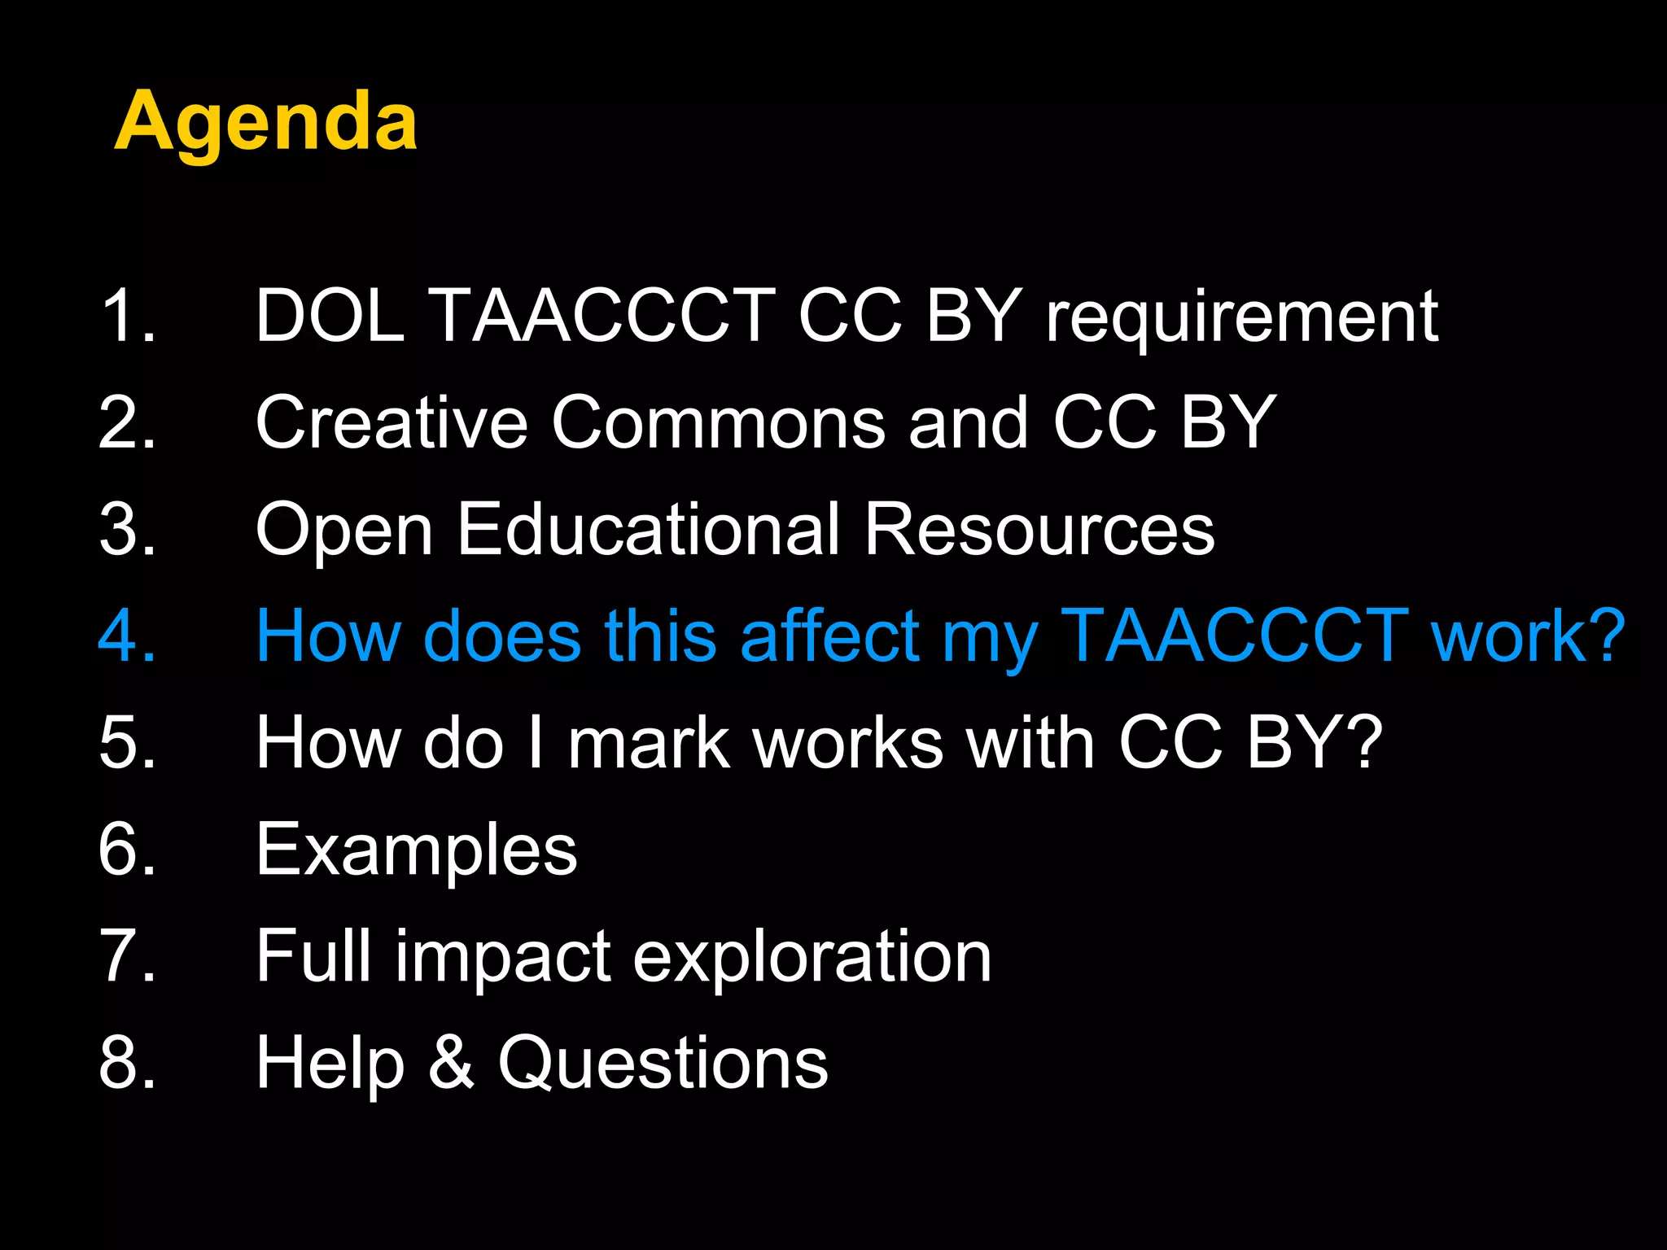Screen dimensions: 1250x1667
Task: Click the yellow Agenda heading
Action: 265,122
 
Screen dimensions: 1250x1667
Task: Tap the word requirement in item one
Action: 1241,317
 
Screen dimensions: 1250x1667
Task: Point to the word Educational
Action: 648,529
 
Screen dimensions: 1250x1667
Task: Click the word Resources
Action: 1039,529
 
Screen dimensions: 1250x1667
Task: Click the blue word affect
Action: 829,636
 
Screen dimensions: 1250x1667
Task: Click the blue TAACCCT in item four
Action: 1234,636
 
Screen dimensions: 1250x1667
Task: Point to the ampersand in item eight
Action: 451,1062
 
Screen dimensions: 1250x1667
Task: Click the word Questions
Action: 663,1063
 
